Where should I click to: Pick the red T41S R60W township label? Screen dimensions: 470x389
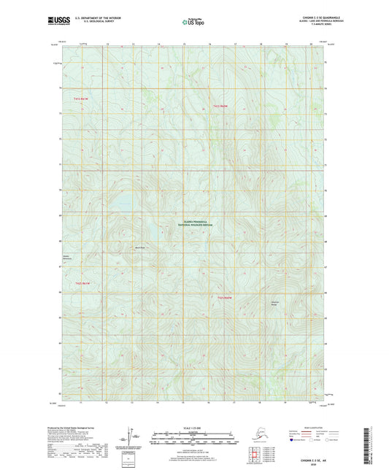click(222, 107)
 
